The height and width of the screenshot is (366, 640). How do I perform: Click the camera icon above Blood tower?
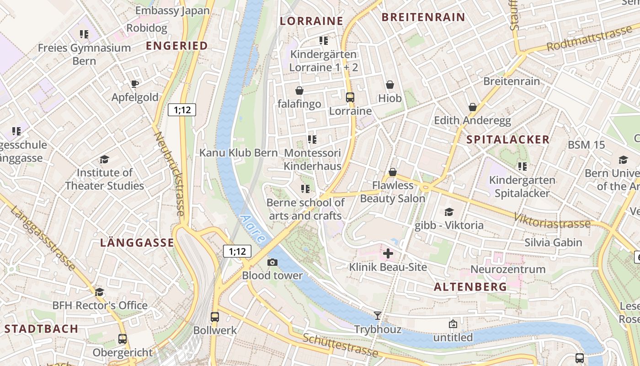click(x=272, y=262)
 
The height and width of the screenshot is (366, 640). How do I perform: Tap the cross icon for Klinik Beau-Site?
click(x=388, y=253)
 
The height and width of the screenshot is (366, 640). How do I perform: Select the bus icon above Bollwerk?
click(x=215, y=317)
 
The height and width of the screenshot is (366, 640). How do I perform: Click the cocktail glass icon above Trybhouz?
click(x=377, y=315)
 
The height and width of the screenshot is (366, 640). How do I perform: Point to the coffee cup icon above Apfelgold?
click(x=135, y=84)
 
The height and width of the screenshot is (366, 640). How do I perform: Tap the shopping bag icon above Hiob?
click(x=390, y=85)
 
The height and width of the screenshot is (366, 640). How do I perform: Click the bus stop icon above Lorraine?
click(x=350, y=97)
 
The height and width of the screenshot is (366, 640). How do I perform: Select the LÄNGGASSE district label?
click(x=137, y=243)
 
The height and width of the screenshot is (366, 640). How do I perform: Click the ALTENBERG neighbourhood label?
click(x=470, y=287)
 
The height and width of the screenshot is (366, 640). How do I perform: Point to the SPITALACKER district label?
click(x=508, y=140)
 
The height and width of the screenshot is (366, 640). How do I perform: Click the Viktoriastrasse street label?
click(x=552, y=221)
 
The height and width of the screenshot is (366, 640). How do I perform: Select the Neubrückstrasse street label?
click(x=169, y=174)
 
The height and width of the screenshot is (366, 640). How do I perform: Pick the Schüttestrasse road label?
click(x=340, y=345)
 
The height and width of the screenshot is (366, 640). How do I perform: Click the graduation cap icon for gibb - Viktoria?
click(x=449, y=212)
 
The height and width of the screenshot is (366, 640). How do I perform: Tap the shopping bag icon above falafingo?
click(x=299, y=90)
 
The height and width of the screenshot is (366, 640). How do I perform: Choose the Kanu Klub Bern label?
click(x=238, y=152)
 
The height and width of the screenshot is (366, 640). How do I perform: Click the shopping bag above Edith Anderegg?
click(x=473, y=107)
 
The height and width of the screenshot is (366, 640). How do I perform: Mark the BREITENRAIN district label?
click(x=423, y=17)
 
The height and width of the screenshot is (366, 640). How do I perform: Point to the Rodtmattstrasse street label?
click(x=589, y=39)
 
